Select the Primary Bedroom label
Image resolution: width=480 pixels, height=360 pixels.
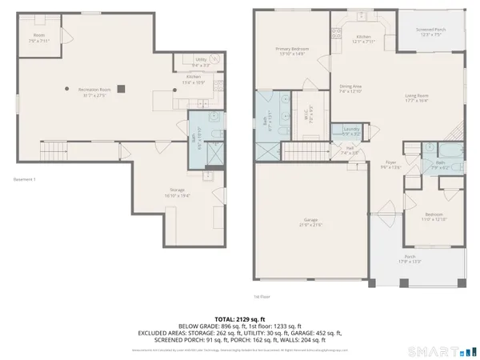pyautogui.click(x=292, y=51)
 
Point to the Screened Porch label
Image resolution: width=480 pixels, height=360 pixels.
pyautogui.click(x=430, y=33)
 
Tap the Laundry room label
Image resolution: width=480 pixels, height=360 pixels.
pyautogui.click(x=350, y=131)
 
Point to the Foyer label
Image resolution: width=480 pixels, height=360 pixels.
pyautogui.click(x=387, y=165)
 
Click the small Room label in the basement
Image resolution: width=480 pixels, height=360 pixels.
pyautogui.click(x=39, y=37)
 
